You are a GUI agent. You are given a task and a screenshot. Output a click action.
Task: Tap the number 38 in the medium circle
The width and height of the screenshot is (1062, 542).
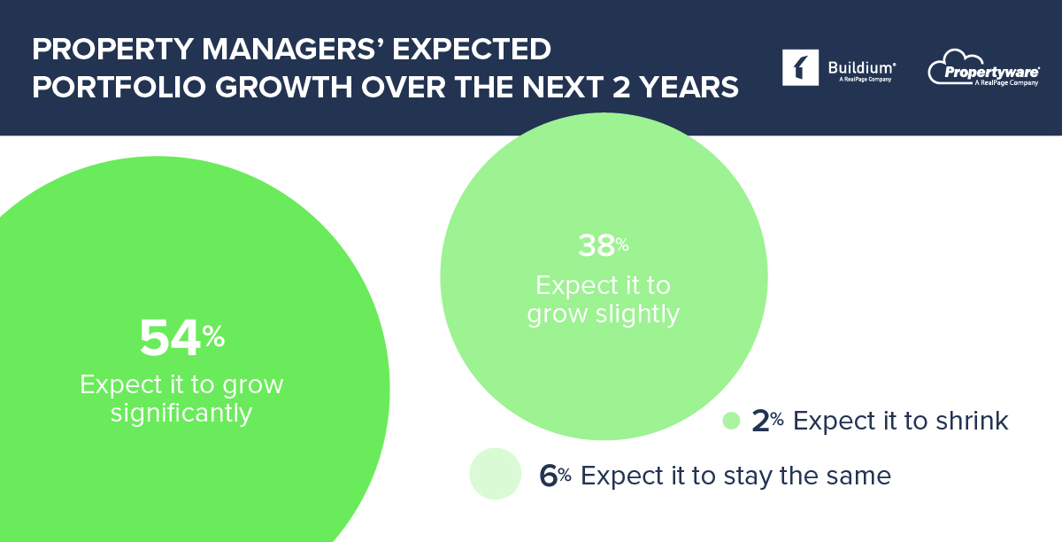(597, 246)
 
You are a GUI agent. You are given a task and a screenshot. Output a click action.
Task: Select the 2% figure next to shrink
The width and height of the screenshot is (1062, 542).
(761, 421)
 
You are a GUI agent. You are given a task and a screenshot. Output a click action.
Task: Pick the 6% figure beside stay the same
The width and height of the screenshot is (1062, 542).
(549, 476)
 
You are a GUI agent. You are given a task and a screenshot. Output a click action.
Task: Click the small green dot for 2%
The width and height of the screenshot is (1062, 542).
(731, 421)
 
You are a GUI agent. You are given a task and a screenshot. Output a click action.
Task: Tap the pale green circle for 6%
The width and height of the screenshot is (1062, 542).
(496, 475)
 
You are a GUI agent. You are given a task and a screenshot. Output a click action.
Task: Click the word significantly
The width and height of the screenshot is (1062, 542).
(181, 414)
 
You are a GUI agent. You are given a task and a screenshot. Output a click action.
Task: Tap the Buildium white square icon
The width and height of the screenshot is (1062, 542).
(800, 68)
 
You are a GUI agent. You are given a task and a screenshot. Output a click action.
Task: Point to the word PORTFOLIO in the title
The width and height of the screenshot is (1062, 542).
(111, 89)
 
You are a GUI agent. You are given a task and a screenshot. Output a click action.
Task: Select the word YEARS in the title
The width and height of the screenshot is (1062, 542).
(690, 89)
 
